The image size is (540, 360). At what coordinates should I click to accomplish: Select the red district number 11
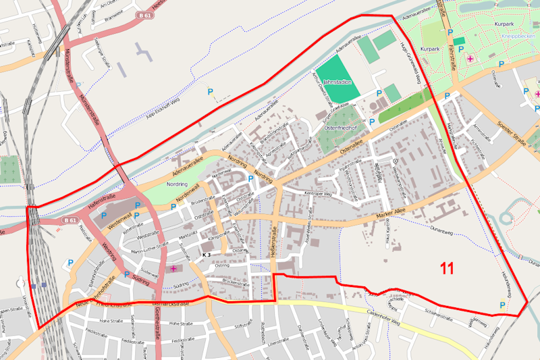pos(446,268)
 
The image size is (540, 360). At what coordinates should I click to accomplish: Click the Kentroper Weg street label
pos(319,194)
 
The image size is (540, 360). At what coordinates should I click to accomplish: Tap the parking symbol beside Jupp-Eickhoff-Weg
pos(210,92)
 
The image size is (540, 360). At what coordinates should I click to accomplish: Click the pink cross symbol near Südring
pos(173,269)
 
